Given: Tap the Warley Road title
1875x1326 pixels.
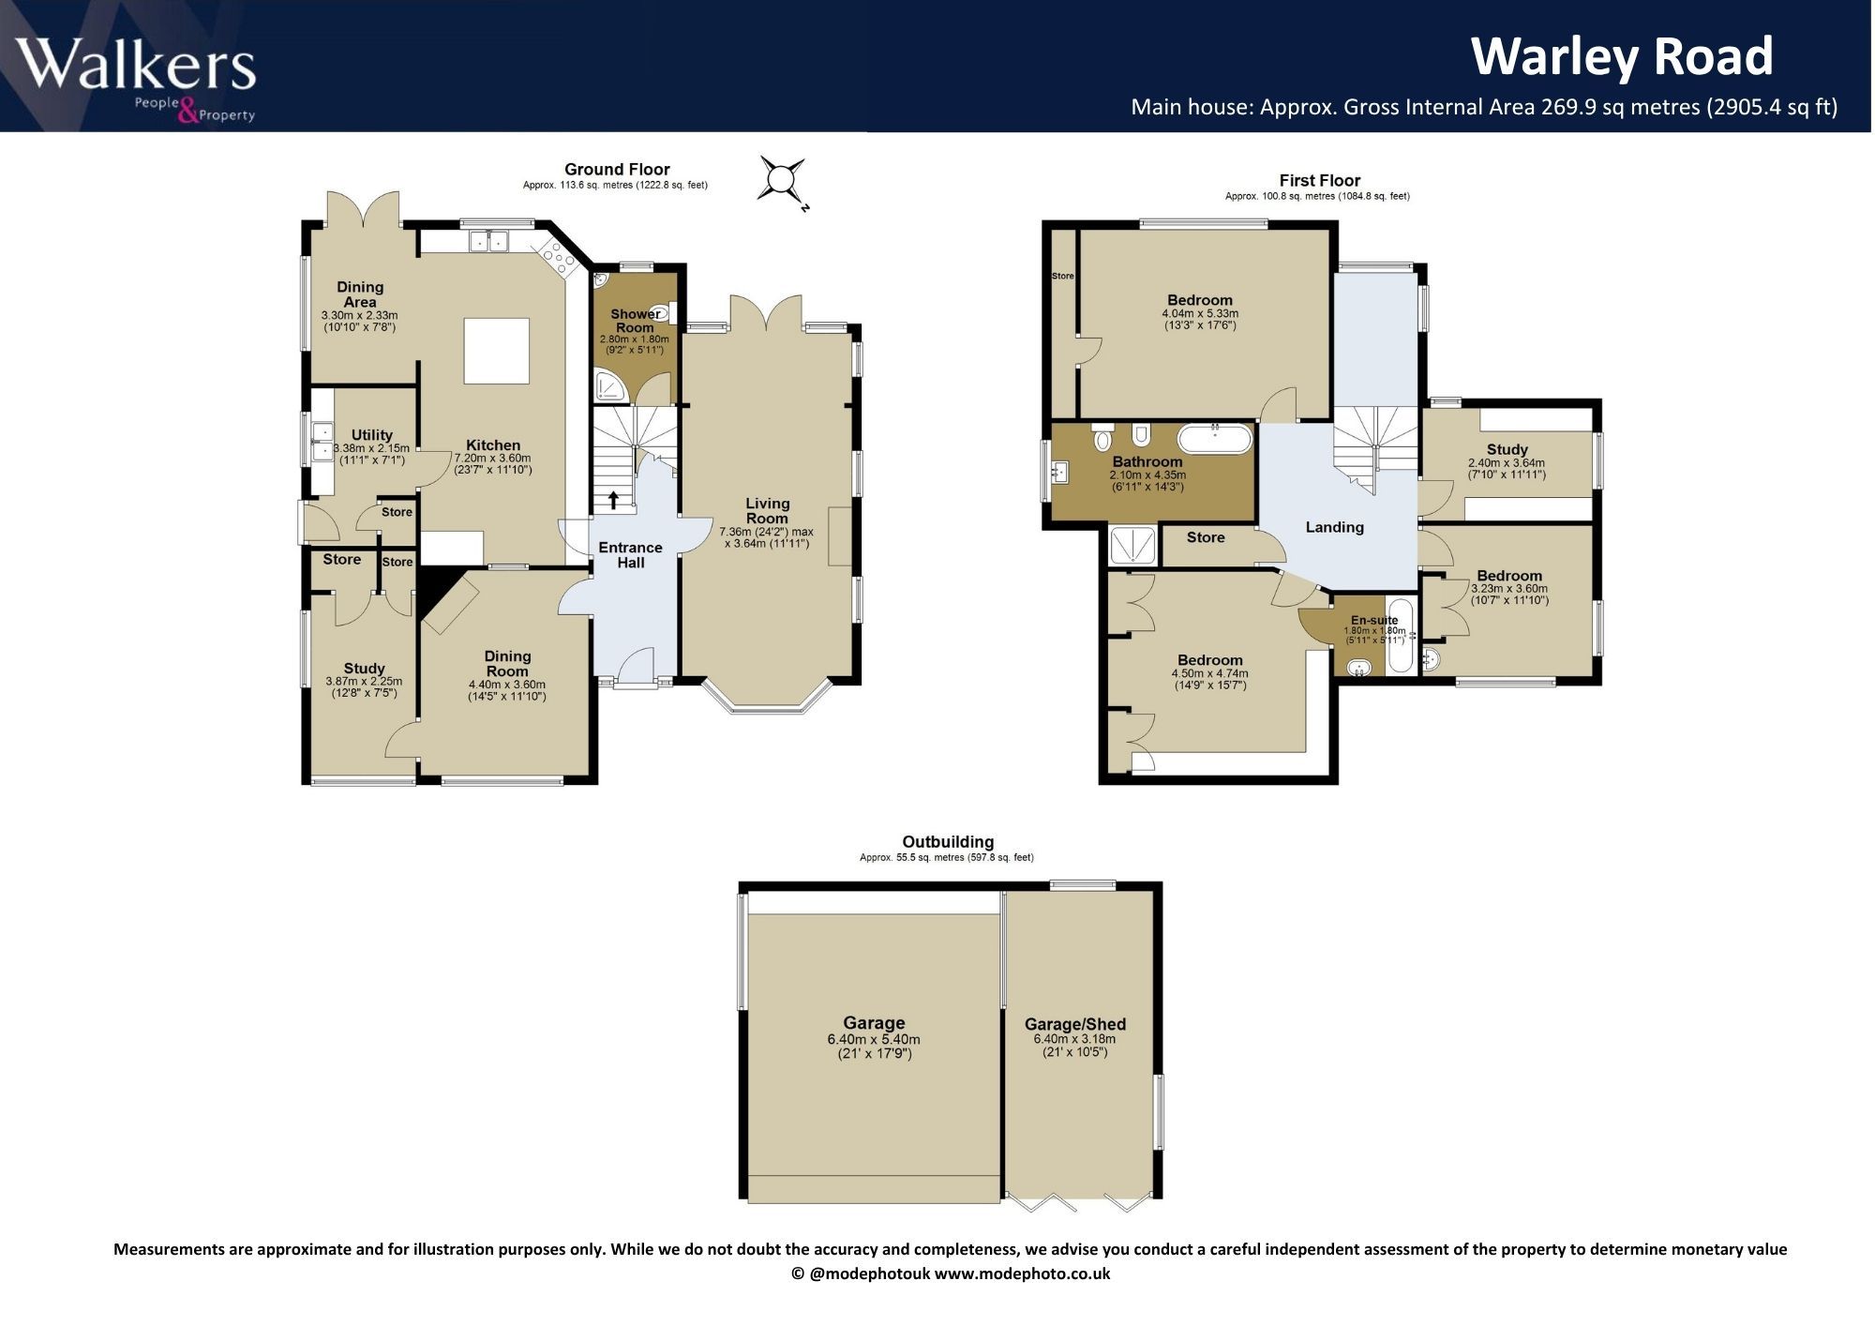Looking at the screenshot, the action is (1622, 56).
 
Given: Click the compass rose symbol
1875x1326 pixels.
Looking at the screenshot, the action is (782, 177).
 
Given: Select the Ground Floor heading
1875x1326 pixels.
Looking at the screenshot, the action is (617, 170).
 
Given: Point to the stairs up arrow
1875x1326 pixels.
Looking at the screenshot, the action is (613, 500).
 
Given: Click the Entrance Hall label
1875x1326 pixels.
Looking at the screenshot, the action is (630, 555).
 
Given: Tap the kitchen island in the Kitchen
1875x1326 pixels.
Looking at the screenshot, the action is (496, 350).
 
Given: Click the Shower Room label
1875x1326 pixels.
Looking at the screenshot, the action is (635, 321).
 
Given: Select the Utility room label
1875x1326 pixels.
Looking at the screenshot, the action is (371, 435).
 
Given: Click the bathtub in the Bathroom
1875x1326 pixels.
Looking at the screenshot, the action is (1215, 439).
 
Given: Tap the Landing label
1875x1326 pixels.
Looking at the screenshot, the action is (1334, 527).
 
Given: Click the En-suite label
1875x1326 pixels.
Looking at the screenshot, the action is (1374, 620).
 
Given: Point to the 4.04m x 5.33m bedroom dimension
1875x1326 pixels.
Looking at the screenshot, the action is (1200, 313).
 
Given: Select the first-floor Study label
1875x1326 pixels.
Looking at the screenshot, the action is (1507, 449).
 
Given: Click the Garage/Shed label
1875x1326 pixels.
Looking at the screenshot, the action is (1074, 1024).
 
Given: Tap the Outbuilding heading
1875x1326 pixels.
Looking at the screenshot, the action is (948, 842).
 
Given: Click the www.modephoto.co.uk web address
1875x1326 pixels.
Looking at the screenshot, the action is (1022, 1273).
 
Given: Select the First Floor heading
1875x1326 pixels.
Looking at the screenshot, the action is (1319, 180).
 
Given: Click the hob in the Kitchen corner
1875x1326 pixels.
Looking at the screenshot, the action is (555, 256).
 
